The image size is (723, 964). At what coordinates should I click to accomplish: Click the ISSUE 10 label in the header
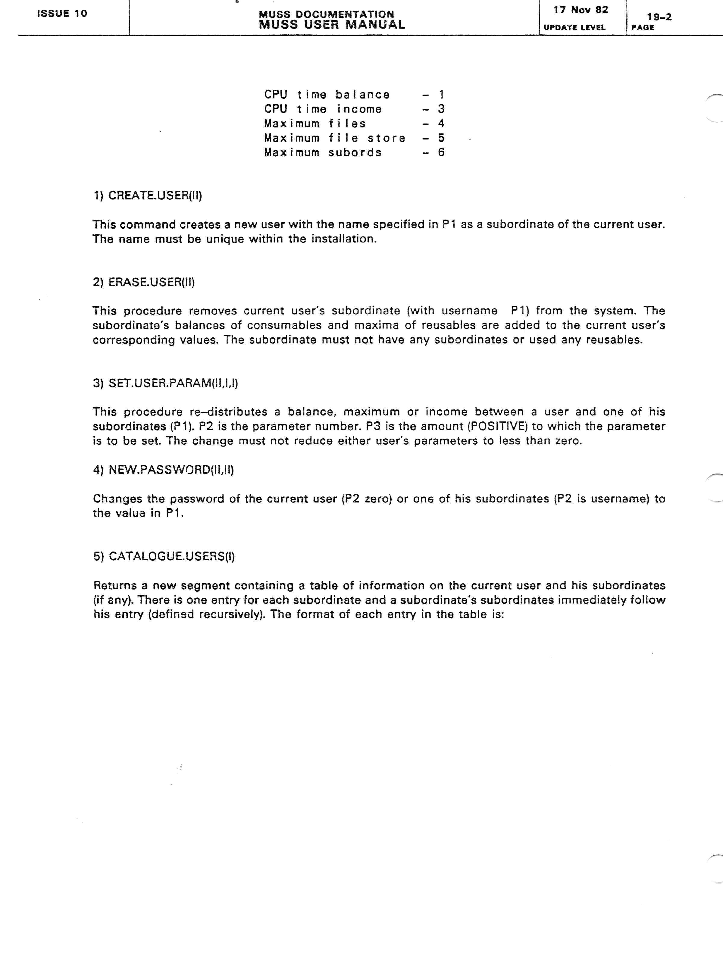[62, 14]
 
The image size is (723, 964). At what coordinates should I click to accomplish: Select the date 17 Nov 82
[581, 10]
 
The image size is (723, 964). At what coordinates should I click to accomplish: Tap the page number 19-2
[659, 17]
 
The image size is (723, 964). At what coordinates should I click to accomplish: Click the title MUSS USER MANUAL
[332, 25]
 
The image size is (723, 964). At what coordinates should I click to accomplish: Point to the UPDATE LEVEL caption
[574, 27]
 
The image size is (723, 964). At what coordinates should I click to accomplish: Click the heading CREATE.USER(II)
[155, 196]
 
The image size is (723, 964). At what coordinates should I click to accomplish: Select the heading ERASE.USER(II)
[151, 282]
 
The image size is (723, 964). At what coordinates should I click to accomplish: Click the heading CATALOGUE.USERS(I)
[172, 556]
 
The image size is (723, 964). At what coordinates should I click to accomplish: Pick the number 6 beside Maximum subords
[441, 152]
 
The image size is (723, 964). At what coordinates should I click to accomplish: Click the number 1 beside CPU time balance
[441, 95]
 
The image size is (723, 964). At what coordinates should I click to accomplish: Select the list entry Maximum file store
[335, 138]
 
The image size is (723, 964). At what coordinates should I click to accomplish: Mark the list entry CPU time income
[323, 109]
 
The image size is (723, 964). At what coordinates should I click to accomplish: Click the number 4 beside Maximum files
[441, 124]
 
